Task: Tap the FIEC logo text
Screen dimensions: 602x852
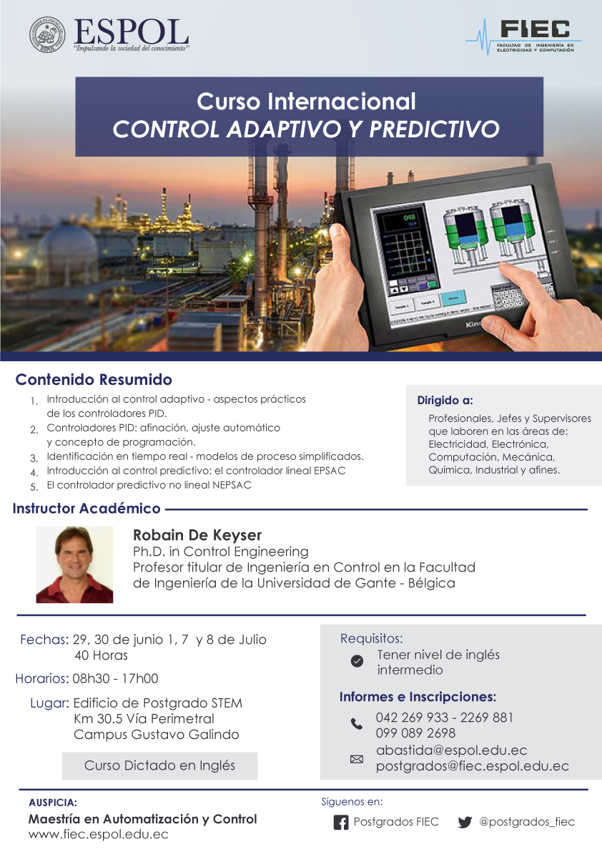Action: click(536, 29)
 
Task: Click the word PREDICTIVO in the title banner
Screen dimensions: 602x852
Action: click(434, 129)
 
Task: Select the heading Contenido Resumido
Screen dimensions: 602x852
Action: click(94, 379)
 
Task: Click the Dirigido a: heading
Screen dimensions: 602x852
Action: click(445, 401)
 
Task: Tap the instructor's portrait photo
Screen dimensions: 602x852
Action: click(74, 564)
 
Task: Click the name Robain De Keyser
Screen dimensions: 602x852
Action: click(197, 535)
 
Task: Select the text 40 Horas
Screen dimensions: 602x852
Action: click(101, 655)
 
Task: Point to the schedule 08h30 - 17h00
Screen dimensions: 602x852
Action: click(115, 678)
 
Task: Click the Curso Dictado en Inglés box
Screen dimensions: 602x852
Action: click(159, 765)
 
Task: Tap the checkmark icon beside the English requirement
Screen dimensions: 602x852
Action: click(357, 661)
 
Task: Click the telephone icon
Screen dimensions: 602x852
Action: click(357, 724)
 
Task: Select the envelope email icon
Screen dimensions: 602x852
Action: click(357, 759)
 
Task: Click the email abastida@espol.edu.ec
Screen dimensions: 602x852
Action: click(452, 750)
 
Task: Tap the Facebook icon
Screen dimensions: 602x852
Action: click(341, 823)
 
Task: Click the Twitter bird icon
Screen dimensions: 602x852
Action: click(465, 823)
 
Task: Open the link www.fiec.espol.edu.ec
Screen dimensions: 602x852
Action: click(98, 835)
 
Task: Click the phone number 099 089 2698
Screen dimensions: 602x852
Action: click(416, 733)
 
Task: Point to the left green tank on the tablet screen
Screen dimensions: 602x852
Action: click(464, 232)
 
